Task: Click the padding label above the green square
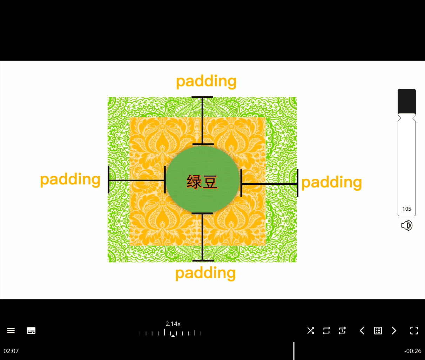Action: coord(206,82)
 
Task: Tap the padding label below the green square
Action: coord(205,273)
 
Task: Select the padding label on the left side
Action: coord(70,180)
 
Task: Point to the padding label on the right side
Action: coord(331,183)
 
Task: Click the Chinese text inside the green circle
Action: coord(202,182)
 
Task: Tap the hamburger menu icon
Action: coord(11,331)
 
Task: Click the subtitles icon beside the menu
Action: coord(31,331)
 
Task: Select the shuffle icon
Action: coord(311,331)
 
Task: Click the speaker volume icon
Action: coord(406,225)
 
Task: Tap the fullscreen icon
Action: coord(414,331)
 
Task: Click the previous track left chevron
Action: coord(362,331)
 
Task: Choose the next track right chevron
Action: coord(394,331)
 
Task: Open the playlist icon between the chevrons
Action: coord(378,331)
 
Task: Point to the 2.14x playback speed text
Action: coord(173,324)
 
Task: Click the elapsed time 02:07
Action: coord(11,351)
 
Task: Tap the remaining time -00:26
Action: coord(413,351)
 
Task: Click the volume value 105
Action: coord(407,209)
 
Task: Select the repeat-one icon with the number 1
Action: coord(342,331)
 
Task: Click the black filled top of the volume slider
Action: coord(407,101)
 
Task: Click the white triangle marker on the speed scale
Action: coord(173,336)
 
